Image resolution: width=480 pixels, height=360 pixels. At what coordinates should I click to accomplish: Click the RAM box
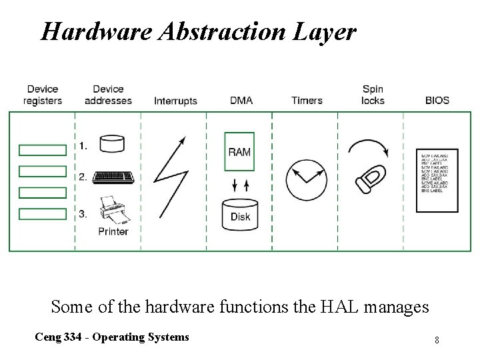[239, 152]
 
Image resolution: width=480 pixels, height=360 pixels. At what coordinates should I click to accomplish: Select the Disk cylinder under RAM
[239, 211]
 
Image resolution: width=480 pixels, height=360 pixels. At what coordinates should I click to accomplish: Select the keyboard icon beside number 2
[114, 177]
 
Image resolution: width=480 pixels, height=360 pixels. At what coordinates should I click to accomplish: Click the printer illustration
[113, 211]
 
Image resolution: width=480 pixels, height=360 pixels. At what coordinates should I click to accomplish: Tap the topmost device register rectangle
[43, 149]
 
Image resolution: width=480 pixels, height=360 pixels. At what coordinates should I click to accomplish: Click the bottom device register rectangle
[43, 214]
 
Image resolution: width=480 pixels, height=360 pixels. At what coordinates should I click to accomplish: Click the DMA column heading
[241, 101]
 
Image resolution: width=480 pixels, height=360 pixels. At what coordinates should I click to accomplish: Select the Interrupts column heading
[175, 101]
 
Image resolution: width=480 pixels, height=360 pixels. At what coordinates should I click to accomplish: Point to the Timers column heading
[307, 101]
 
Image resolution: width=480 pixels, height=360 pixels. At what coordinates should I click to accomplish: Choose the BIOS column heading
[437, 101]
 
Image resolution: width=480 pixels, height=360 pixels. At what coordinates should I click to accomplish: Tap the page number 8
[436, 340]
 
